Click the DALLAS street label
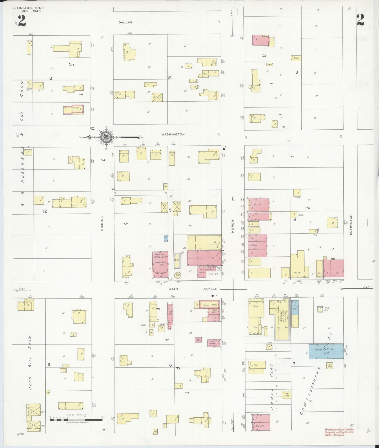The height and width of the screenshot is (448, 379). pyautogui.click(x=125, y=23)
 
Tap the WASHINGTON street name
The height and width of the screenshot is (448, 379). pyautogui.click(x=173, y=134)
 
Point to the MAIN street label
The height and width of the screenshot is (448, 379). pyautogui.click(x=173, y=289)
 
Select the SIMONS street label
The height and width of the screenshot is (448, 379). pyautogui.click(x=102, y=223)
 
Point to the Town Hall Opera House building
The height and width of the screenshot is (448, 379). pyautogui.click(x=160, y=263)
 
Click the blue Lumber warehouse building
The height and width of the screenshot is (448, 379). pyautogui.click(x=326, y=351)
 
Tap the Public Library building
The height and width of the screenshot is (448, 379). pyautogui.click(x=214, y=343)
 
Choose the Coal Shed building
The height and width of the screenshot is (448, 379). pyautogui.click(x=287, y=394)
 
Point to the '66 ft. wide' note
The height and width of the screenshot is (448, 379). pyautogui.click(x=210, y=289)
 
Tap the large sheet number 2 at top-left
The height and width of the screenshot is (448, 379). pyautogui.click(x=22, y=21)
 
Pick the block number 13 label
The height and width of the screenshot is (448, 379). pyautogui.click(x=50, y=78)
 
